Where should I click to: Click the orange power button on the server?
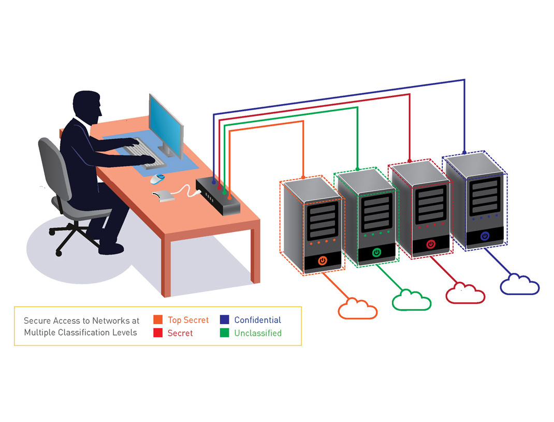(x=323, y=260)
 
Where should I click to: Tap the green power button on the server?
(x=376, y=253)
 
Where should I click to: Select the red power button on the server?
(x=430, y=244)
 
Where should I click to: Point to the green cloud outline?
(x=412, y=300)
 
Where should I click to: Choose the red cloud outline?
(x=465, y=293)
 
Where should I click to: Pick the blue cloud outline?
(x=519, y=285)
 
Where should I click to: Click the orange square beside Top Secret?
(x=158, y=320)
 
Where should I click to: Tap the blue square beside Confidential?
(x=224, y=320)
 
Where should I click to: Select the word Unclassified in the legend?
(x=257, y=333)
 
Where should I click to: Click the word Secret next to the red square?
(x=180, y=333)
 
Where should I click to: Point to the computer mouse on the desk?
(x=157, y=179)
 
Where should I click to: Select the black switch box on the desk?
(x=217, y=196)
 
